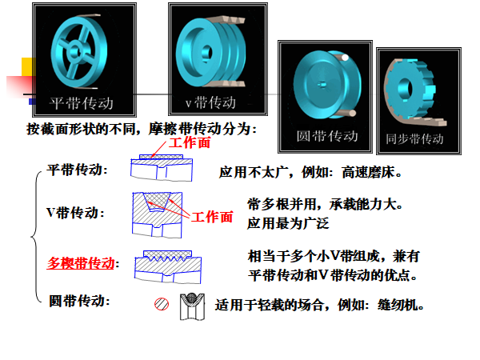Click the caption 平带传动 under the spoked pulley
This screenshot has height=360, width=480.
[82, 103]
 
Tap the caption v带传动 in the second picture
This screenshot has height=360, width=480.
[210, 102]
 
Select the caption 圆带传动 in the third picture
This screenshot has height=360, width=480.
[327, 136]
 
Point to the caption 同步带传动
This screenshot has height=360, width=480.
[414, 138]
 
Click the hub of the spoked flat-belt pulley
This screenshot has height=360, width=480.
[75, 52]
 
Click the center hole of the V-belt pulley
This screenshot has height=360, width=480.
[206, 53]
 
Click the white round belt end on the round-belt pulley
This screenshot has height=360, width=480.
[345, 58]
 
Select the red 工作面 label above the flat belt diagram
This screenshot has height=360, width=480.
[190, 143]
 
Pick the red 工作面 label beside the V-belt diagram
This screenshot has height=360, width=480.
[212, 217]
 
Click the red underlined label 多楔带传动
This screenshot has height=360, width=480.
[81, 263]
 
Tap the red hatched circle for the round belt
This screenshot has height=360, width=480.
[162, 304]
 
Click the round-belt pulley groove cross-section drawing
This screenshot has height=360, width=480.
[192, 306]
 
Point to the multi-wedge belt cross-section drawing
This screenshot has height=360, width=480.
[168, 267]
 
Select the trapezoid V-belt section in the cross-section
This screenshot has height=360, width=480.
[158, 202]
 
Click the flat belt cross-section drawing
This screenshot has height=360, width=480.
[162, 168]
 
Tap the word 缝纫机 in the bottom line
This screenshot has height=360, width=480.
[398, 306]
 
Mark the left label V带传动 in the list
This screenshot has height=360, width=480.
[75, 213]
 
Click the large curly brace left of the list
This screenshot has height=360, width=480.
[36, 237]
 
